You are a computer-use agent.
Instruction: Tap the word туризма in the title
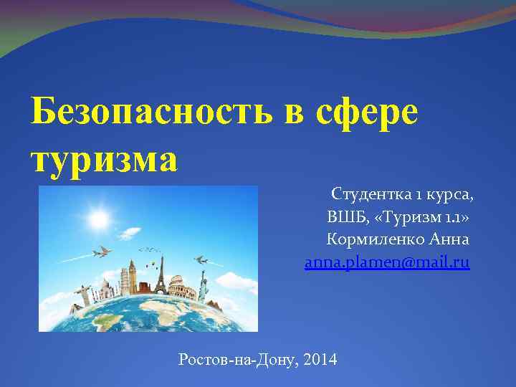click(x=104, y=158)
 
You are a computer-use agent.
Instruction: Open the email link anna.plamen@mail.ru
click(x=387, y=262)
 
